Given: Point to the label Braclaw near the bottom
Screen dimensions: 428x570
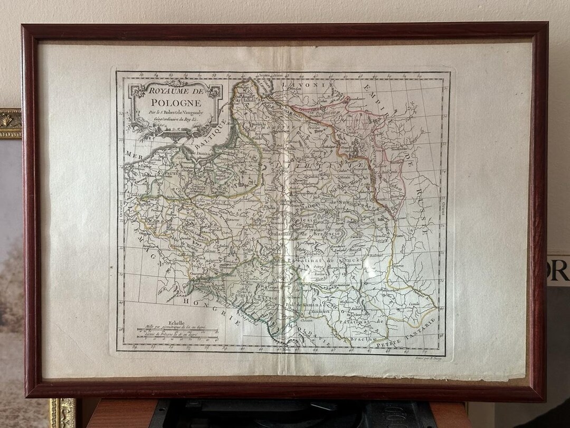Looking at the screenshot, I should tap(364, 339).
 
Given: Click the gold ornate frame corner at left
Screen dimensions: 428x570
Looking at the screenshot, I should tap(9, 123).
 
